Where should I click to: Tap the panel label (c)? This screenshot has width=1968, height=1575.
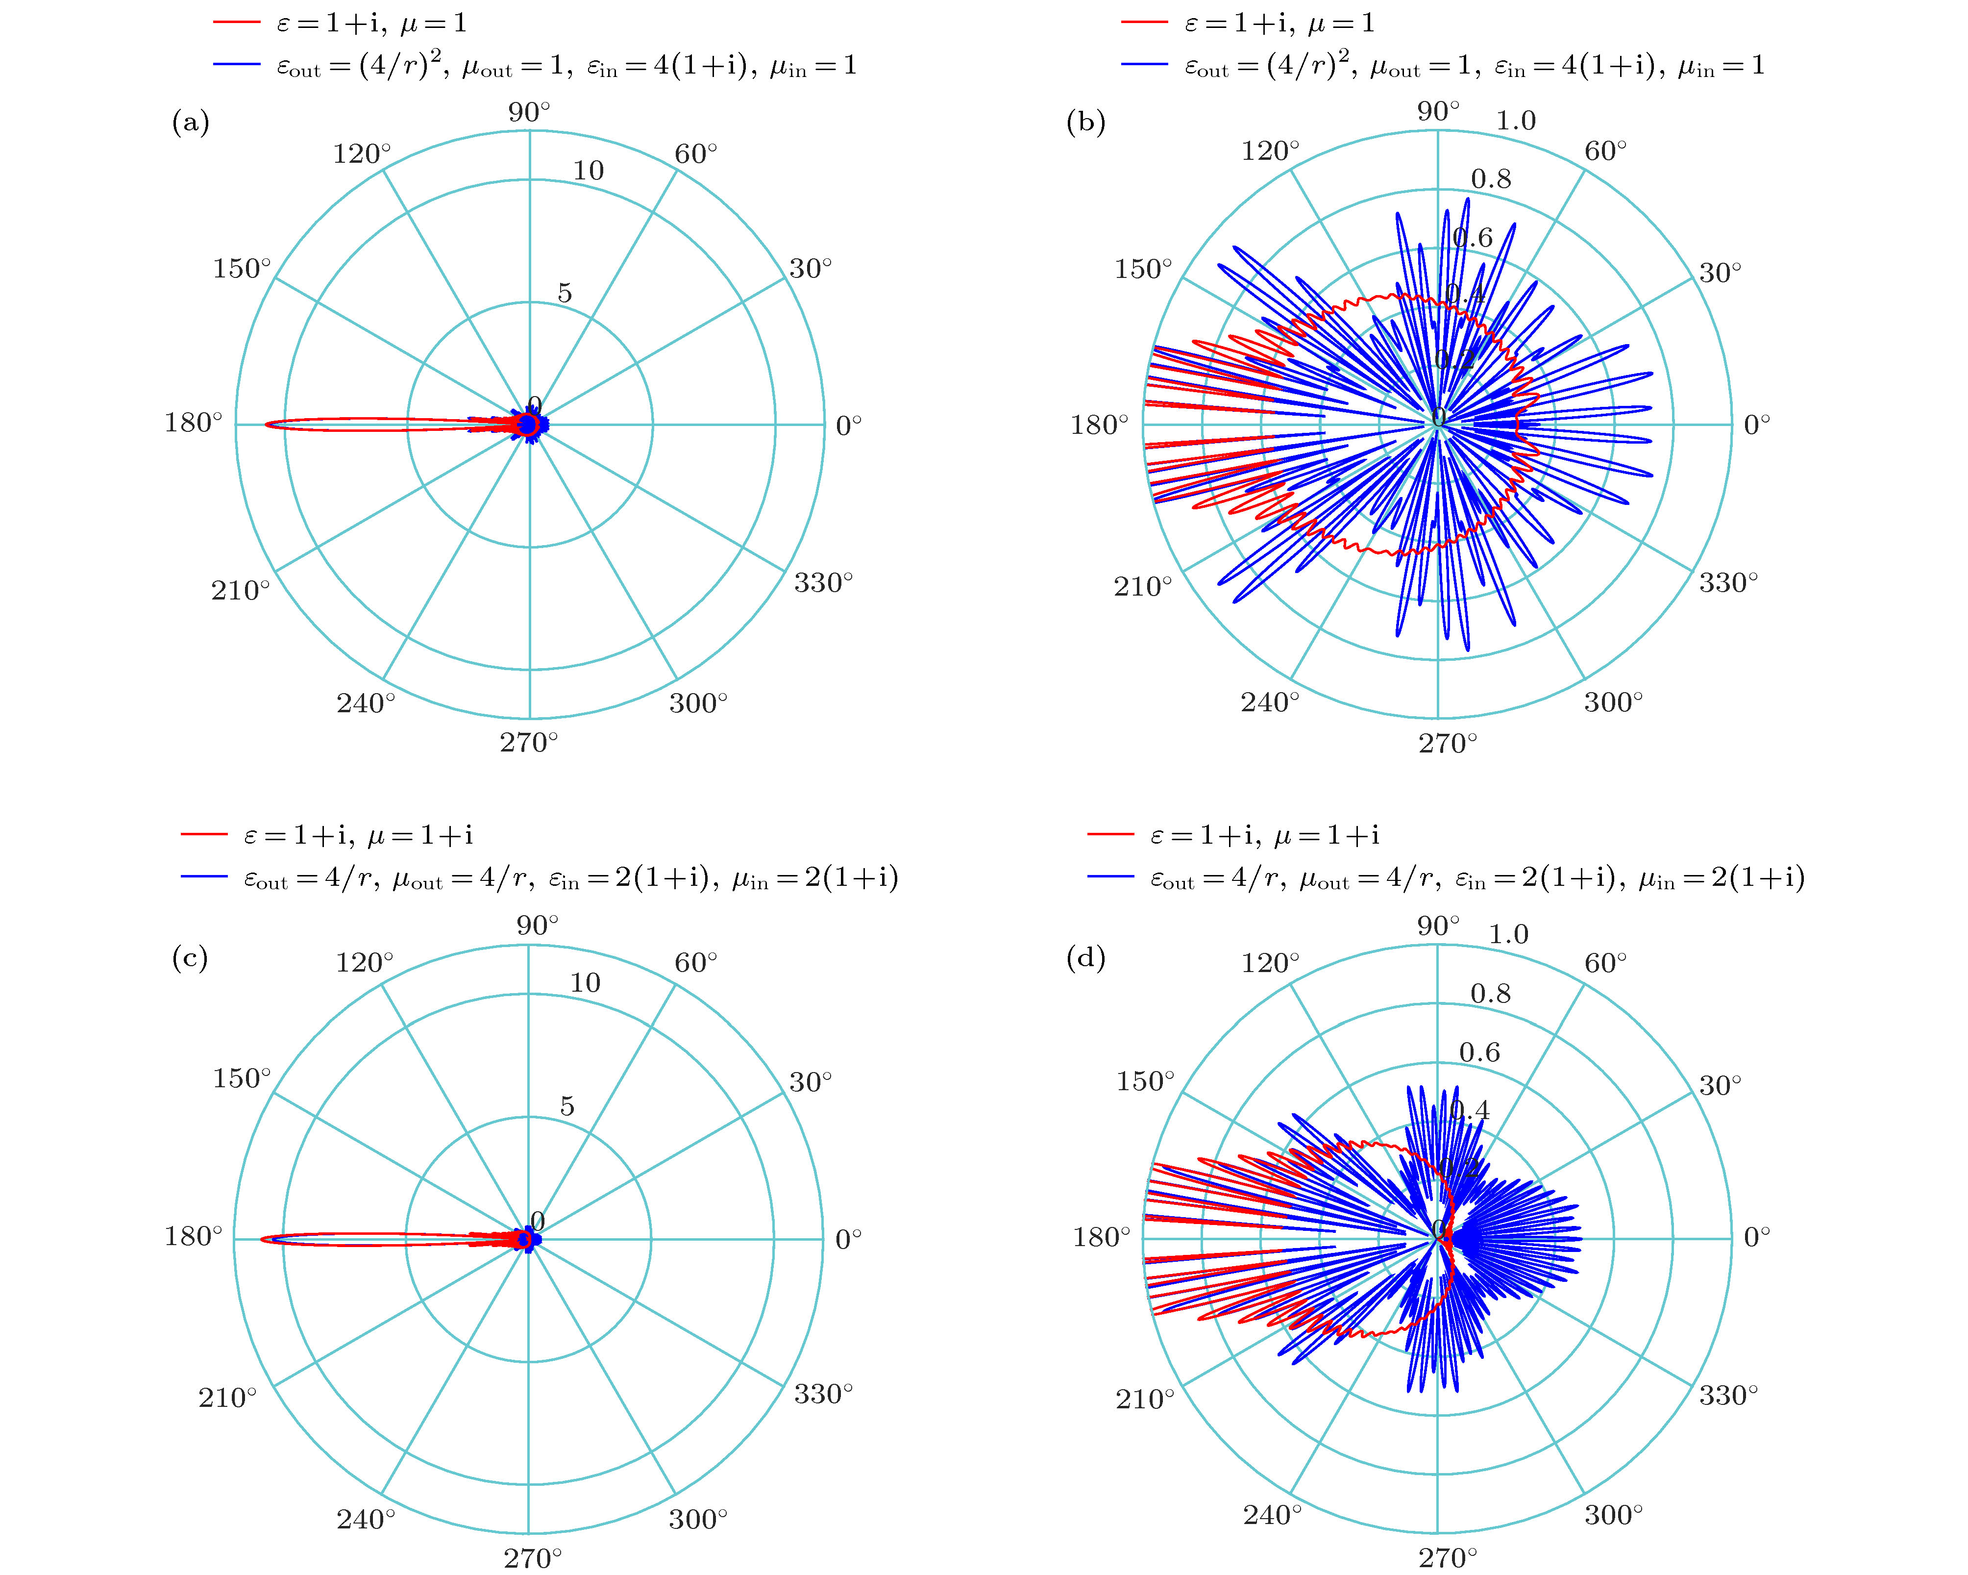190,958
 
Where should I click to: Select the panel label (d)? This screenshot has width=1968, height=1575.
1085,958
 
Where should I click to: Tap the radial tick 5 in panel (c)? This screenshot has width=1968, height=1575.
567,1106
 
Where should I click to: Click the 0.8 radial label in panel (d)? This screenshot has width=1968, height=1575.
1491,994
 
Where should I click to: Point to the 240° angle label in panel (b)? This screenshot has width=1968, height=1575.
1269,702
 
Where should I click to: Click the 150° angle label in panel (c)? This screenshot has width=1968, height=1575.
242,1078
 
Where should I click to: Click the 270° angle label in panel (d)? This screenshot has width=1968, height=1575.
1447,1557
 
